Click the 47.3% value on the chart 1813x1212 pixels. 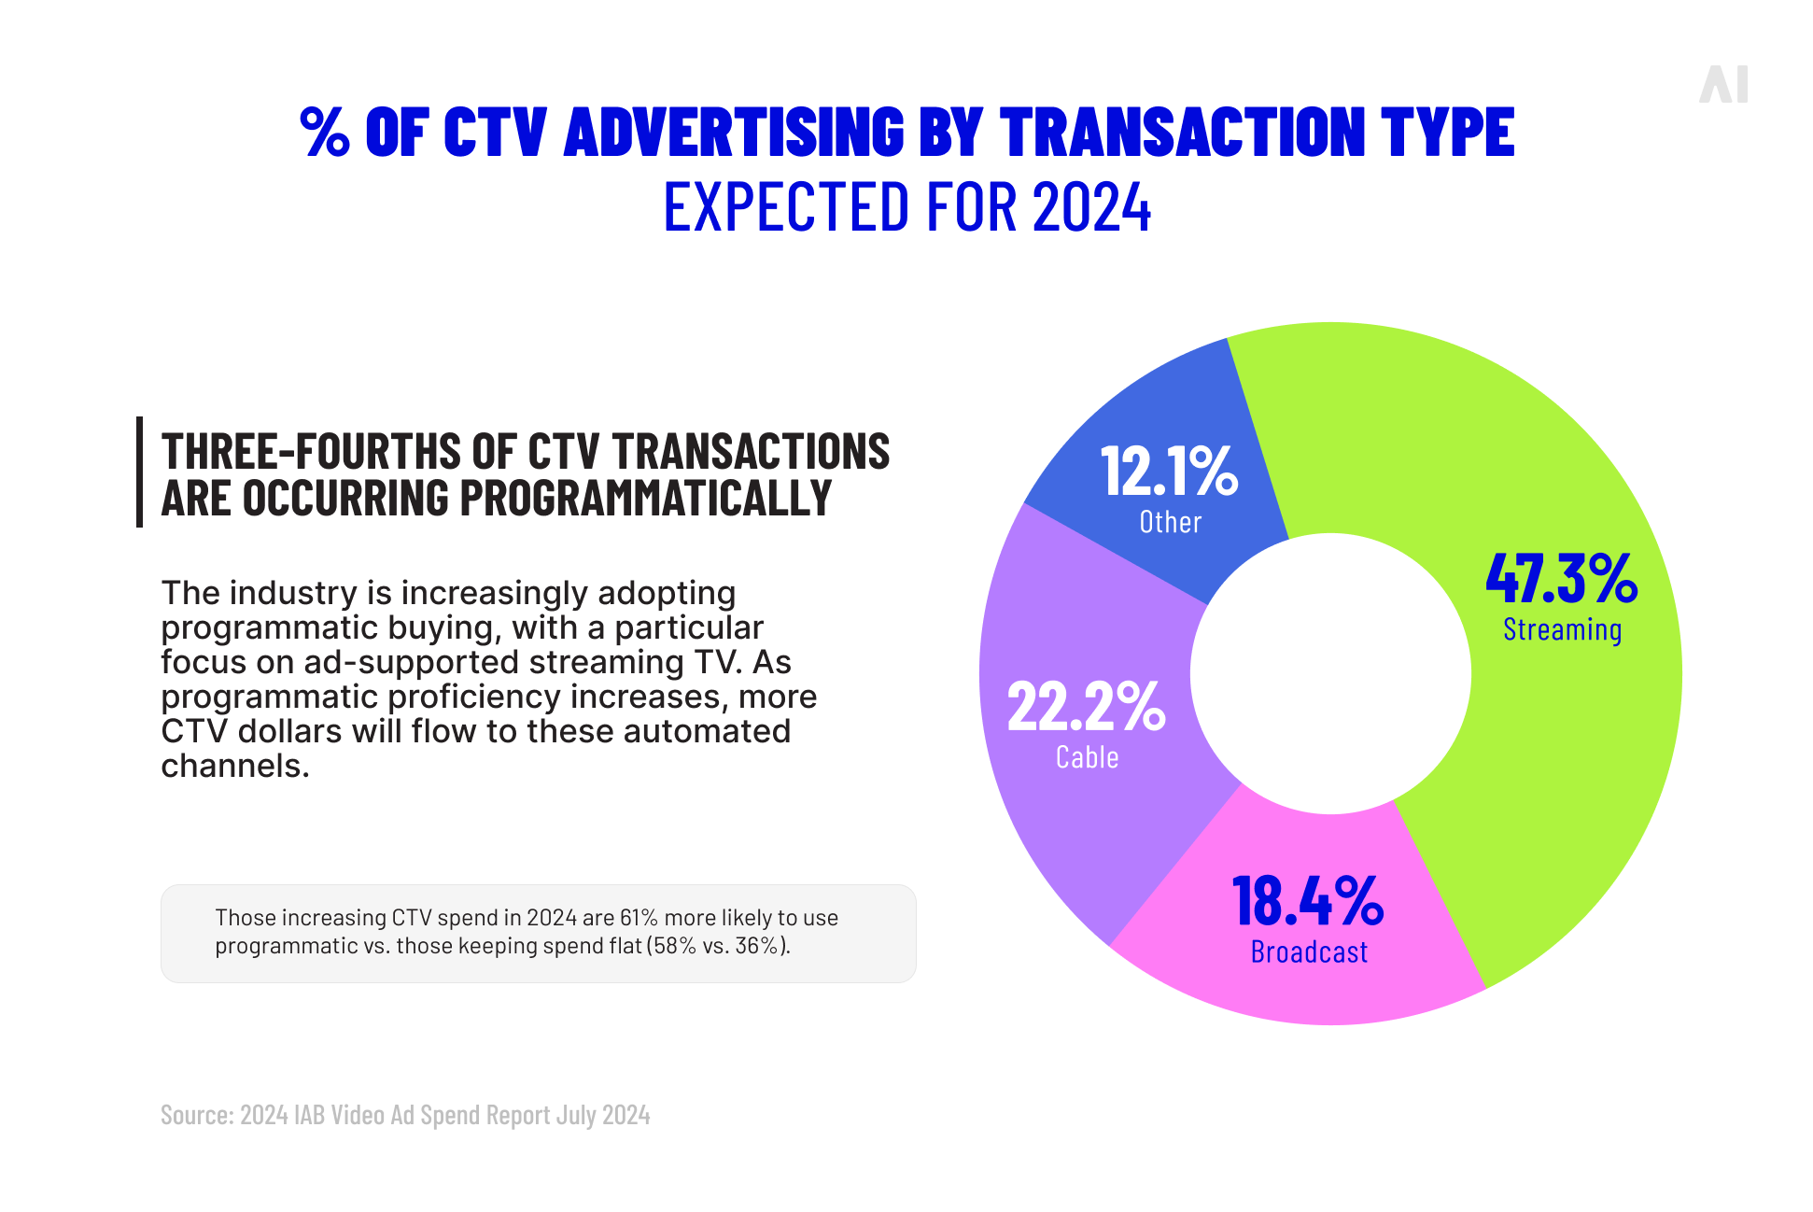1561,578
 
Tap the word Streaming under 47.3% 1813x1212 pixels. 1562,630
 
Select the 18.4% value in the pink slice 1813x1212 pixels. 1307,901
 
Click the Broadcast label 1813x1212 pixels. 1309,952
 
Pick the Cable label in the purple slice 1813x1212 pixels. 1087,757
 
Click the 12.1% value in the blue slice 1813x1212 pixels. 1169,471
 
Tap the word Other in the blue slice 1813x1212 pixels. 1170,522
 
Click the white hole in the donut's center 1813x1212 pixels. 1330,673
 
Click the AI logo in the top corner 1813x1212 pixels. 1723,85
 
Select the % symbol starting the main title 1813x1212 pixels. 325,132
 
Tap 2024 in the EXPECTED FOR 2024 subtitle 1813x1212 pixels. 1091,207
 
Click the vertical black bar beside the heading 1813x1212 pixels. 140,472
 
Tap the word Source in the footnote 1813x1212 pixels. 196,1115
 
